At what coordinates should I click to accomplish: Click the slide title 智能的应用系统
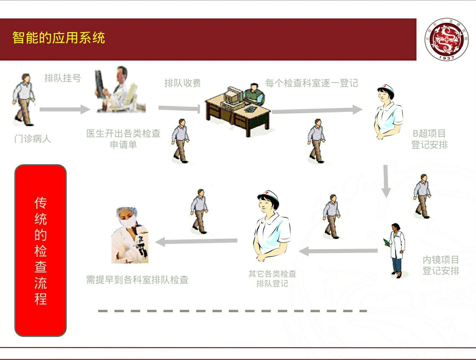tap(59, 38)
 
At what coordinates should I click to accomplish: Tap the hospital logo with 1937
tap(446, 39)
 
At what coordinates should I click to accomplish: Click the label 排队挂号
tap(63, 78)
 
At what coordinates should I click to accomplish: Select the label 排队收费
tap(182, 83)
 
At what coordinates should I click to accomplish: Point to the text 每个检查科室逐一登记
tap(311, 83)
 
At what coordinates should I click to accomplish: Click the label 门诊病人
tap(33, 139)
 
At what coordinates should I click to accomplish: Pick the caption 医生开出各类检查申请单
tap(123, 139)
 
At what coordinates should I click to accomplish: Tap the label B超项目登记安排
tap(429, 139)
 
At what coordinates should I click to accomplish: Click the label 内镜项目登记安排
tap(441, 265)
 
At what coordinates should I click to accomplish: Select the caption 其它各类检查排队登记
tap(272, 278)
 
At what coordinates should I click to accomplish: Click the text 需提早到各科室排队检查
tap(137, 280)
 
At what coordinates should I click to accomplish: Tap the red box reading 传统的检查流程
tap(41, 250)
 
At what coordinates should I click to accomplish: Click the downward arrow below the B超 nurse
tap(386, 181)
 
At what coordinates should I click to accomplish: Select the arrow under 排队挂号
tap(65, 109)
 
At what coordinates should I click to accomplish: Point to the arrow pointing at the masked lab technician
tap(196, 241)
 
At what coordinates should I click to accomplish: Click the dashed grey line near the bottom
tap(232, 311)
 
